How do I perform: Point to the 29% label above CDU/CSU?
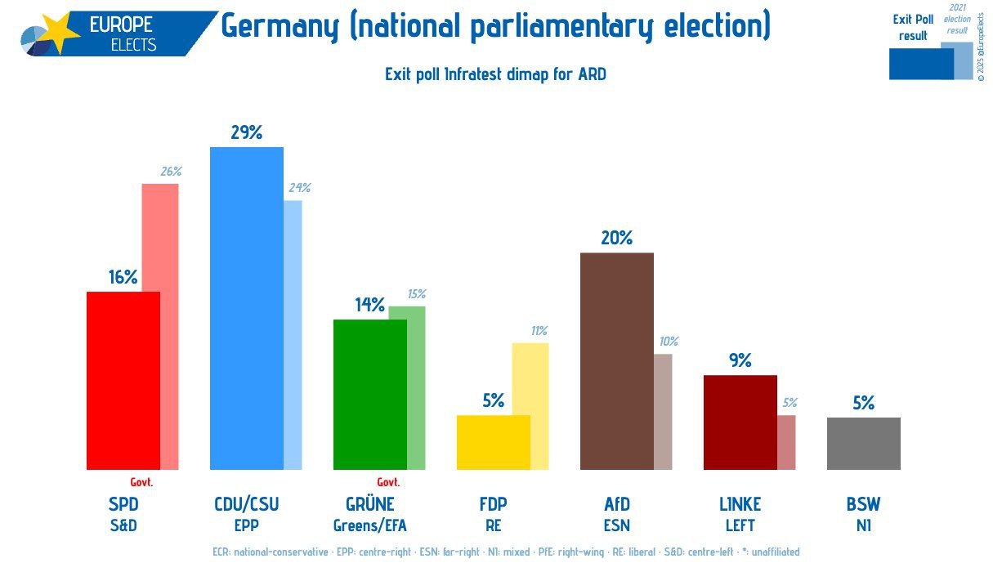[246, 132]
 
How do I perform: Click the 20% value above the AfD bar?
[616, 238]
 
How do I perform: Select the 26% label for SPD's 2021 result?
[170, 172]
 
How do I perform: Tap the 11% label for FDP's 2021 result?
[539, 331]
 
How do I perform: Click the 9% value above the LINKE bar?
[740, 360]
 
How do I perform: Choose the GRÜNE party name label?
[369, 504]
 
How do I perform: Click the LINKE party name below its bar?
[740, 504]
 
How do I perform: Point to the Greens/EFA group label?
[369, 525]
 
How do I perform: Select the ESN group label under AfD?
[616, 525]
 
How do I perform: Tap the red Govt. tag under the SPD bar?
[141, 482]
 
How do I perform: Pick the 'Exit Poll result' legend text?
[913, 28]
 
